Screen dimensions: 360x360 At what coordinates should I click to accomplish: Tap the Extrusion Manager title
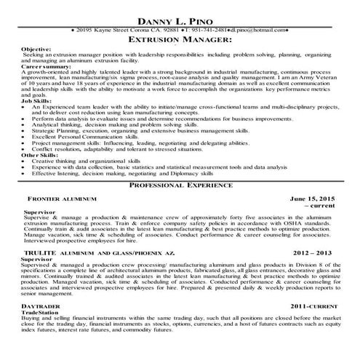pyautogui.click(x=180, y=41)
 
